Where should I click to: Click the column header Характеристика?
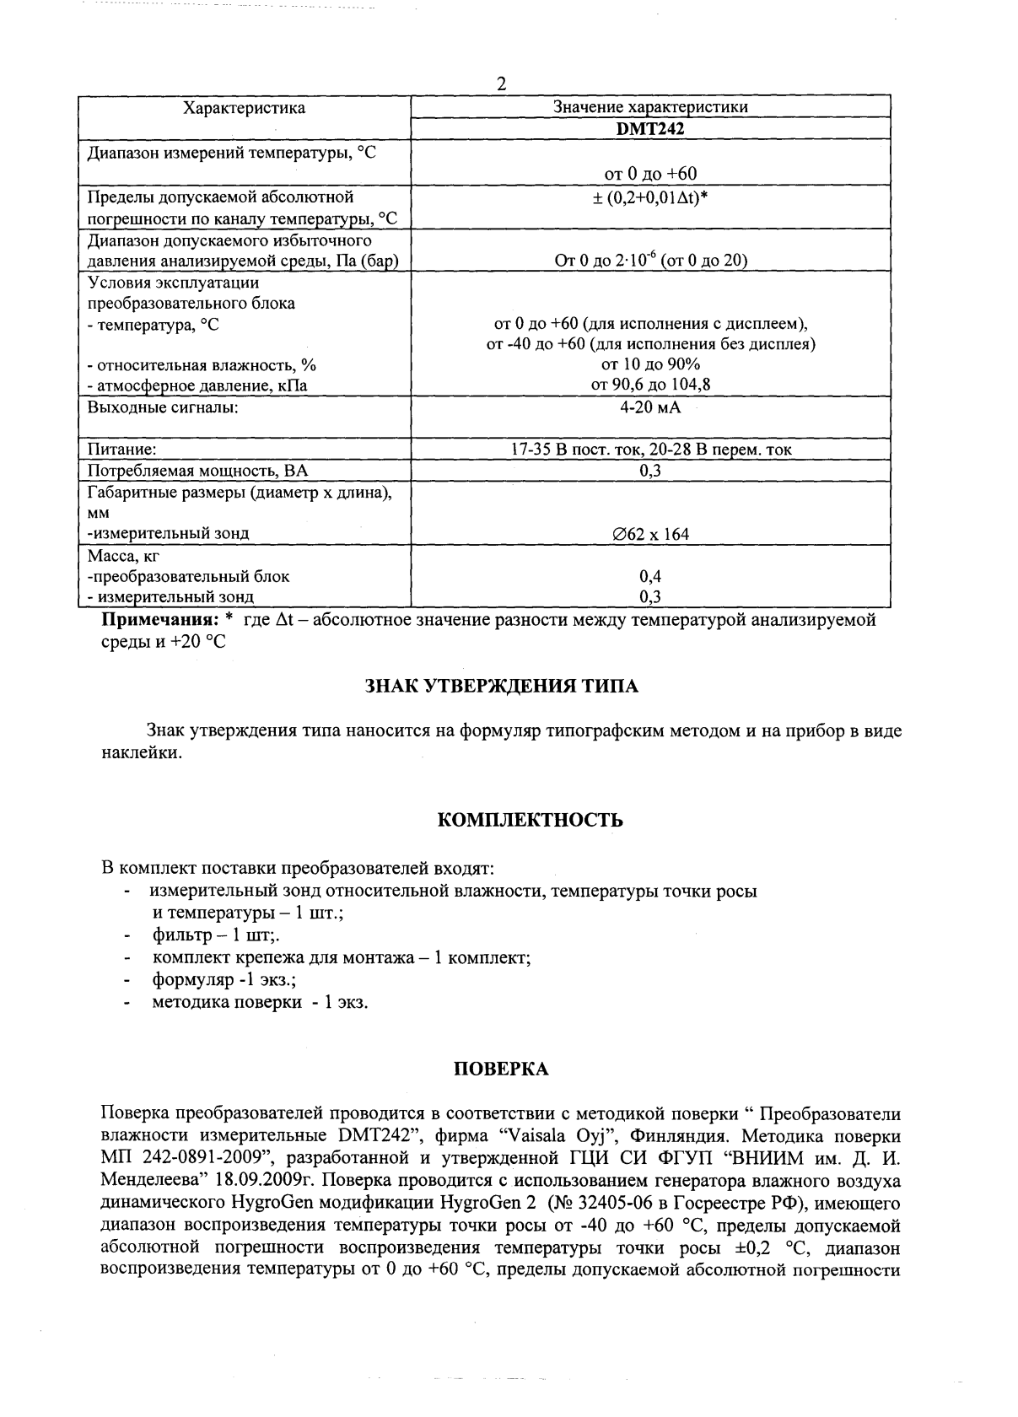245,108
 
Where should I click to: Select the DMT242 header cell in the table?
649,129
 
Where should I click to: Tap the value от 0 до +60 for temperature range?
650,174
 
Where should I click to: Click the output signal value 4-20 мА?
649,407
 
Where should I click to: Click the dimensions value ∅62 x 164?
650,534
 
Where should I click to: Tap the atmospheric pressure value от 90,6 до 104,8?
650,385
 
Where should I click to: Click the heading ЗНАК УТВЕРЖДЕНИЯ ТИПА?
501,686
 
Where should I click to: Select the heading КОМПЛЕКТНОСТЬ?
531,820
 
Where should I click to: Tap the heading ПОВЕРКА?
501,1069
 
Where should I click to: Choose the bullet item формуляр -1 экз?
224,980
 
